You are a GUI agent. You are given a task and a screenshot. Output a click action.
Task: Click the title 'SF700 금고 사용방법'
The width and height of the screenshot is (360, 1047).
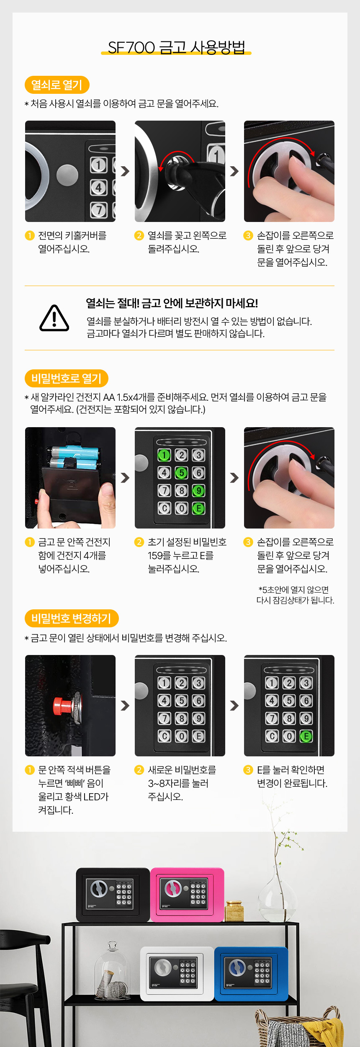pos(176,47)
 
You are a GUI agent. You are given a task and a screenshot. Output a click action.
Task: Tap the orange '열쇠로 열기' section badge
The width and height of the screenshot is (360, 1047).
pos(57,85)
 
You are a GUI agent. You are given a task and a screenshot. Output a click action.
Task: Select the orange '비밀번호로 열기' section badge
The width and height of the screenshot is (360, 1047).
pos(67,379)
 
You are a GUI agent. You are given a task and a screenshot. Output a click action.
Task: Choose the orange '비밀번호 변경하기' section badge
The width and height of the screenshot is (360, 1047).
pos(72,618)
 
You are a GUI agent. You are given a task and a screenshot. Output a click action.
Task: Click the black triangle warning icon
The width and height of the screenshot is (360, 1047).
pos(54,319)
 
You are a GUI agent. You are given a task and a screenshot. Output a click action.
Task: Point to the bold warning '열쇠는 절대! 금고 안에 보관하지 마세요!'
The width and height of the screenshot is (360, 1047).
pos(172,303)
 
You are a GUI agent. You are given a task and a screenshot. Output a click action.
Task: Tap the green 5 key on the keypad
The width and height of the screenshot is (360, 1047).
pos(181,473)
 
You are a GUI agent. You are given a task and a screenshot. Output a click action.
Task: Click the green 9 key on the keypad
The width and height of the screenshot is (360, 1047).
pos(198,490)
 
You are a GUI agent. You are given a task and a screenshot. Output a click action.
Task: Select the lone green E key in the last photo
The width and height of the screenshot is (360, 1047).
pos(306,736)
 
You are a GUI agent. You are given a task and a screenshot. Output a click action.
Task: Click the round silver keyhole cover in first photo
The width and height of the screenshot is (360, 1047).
pos(67,175)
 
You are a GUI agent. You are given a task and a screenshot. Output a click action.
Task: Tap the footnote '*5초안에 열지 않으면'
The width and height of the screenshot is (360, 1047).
pos(293,590)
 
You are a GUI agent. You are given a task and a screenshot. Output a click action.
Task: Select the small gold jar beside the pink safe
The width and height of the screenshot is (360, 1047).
pos(234,911)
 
